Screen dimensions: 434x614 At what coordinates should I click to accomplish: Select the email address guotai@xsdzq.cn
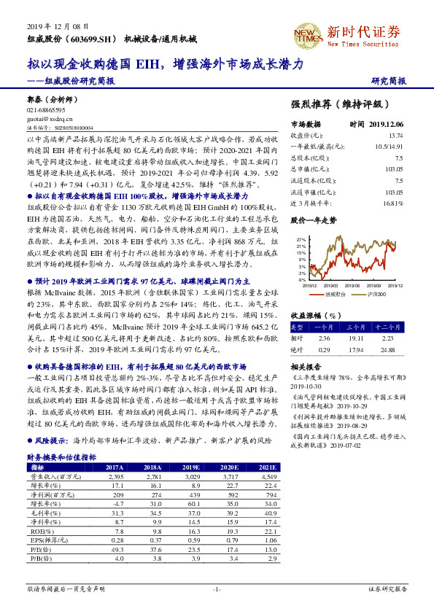coord(50,117)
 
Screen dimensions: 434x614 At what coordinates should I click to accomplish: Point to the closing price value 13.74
coord(395,136)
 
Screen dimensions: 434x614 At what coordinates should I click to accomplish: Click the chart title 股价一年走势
coord(314,219)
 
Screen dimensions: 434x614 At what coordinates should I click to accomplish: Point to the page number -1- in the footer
coord(217,589)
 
